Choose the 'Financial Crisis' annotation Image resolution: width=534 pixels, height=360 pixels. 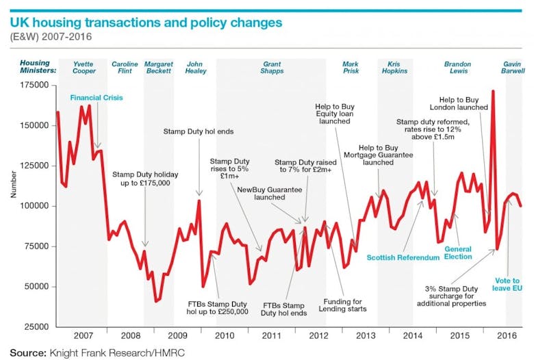tap(97, 98)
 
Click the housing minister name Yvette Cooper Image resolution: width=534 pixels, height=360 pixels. tap(84, 67)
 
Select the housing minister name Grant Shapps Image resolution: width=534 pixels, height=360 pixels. tap(271, 67)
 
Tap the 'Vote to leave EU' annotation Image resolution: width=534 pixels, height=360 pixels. tap(507, 284)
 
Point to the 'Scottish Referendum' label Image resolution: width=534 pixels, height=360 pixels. tap(403, 258)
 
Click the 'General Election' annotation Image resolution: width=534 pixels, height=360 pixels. tap(458, 253)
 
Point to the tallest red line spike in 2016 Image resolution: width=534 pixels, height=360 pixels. tap(493, 91)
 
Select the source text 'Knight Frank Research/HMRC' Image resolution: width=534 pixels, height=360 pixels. tap(117, 352)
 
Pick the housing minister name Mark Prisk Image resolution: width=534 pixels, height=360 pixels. tap(351, 67)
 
